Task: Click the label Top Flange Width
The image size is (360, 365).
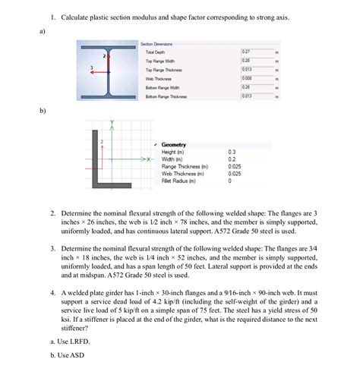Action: click(x=160, y=60)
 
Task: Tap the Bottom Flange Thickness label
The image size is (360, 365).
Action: click(x=166, y=96)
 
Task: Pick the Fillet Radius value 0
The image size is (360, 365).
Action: click(x=229, y=181)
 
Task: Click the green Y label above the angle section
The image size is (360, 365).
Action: click(x=112, y=122)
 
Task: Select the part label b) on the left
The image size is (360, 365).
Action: click(x=43, y=112)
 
